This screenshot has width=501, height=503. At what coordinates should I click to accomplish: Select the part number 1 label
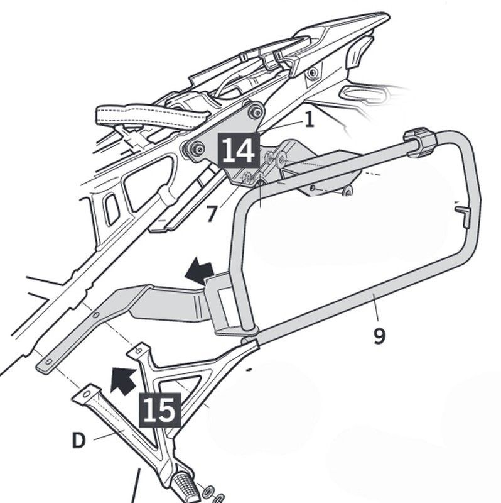tap(308, 119)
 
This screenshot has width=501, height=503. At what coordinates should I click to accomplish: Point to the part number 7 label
tap(212, 214)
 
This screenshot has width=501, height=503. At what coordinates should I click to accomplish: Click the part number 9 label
tap(379, 336)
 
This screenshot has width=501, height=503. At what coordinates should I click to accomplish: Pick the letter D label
tap(78, 441)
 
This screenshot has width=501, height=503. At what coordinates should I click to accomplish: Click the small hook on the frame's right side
tap(463, 215)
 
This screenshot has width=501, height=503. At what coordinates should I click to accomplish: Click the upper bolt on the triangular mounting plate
tap(255, 112)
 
